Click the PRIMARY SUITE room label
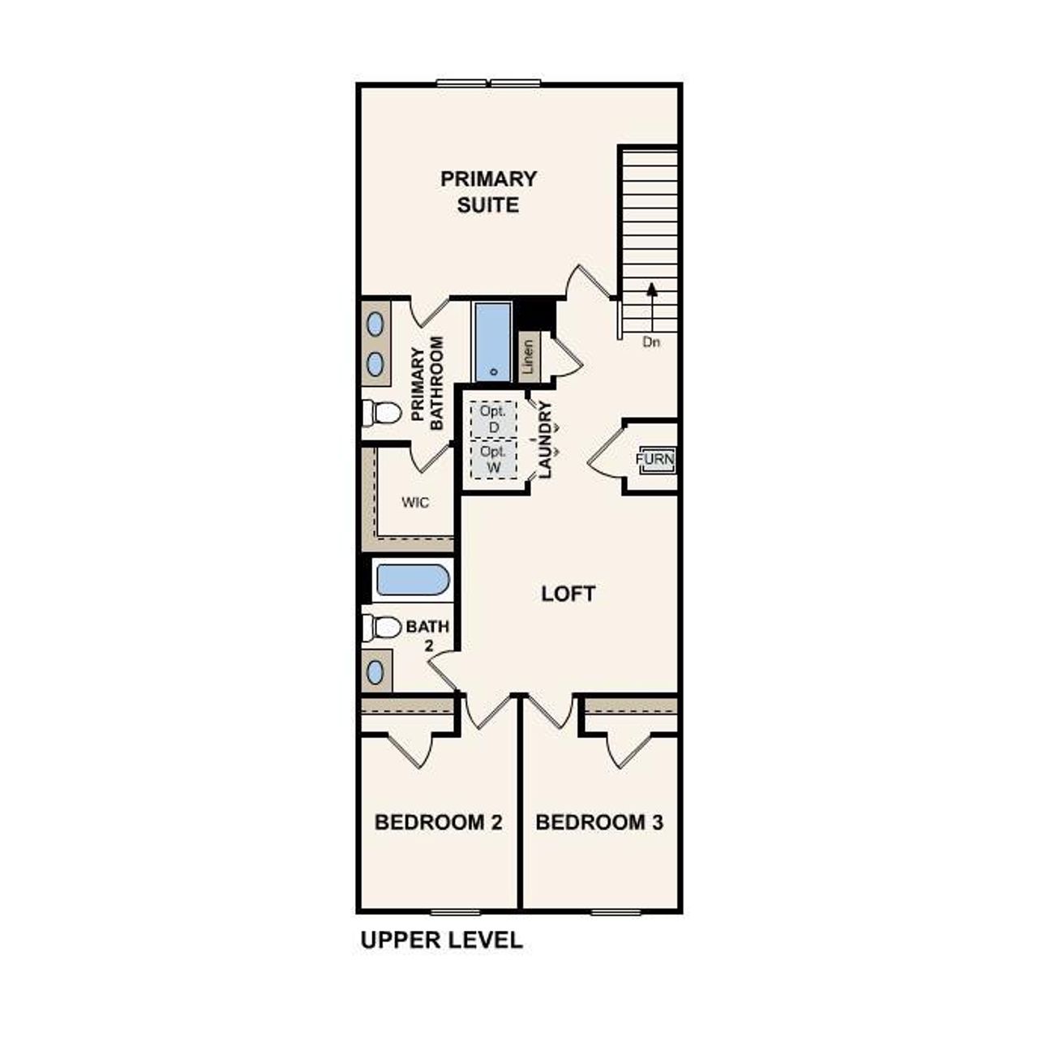[488, 191]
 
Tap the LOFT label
[568, 594]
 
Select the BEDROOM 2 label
[438, 822]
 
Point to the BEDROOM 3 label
[599, 822]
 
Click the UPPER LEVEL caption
[441, 941]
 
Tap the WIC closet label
[415, 503]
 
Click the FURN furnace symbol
[655, 460]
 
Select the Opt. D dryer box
[492, 418]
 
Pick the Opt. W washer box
[492, 460]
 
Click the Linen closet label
[529, 356]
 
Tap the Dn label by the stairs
[651, 342]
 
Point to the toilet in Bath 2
[382, 627]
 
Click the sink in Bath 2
[375, 671]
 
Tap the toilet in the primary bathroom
[382, 414]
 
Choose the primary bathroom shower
[491, 341]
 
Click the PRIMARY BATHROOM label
[427, 384]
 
